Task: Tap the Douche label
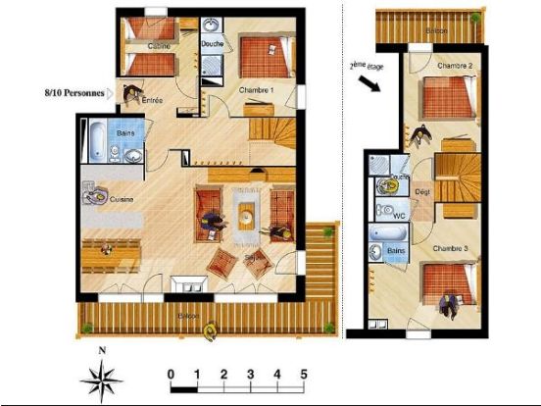point(213,44)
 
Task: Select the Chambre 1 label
point(256,91)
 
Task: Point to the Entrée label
point(152,100)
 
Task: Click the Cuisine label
point(122,199)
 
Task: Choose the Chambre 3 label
point(450,248)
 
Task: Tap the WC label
point(399,211)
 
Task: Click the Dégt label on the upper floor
point(422,192)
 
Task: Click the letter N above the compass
point(101,348)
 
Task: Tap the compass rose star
point(101,378)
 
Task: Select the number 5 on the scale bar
point(304,374)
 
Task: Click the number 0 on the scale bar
point(172,374)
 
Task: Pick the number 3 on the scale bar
point(251,374)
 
